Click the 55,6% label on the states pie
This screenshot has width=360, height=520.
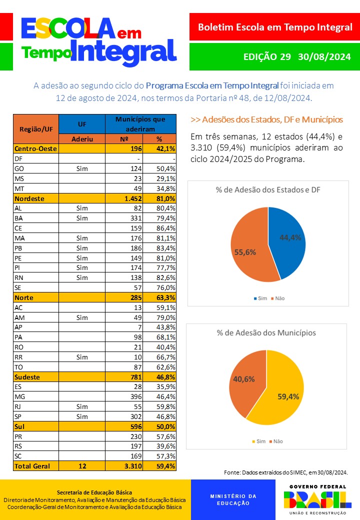coord(245,252)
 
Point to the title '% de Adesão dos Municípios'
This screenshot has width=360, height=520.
coord(266,332)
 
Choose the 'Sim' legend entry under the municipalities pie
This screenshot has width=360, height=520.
coord(259,441)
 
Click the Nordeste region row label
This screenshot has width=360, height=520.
coord(29,198)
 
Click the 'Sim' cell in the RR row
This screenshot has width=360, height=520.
coord(82,357)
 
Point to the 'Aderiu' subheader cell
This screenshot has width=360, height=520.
coord(82,139)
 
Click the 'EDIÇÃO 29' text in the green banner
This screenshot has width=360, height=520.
coord(266,56)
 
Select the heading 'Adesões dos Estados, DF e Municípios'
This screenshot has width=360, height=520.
coord(266,119)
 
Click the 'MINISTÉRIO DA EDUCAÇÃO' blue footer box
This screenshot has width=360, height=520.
coord(232,499)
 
